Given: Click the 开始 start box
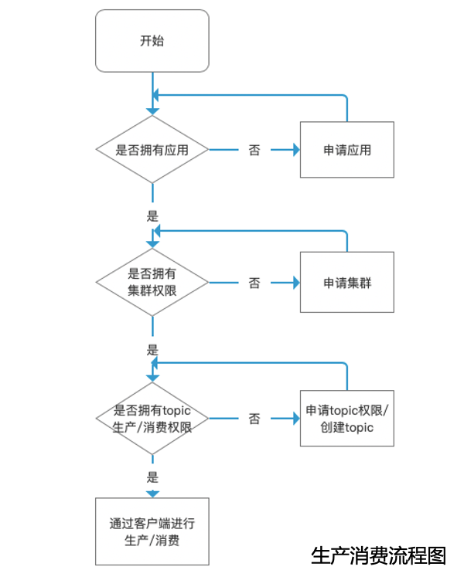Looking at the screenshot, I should pyautogui.click(x=152, y=41).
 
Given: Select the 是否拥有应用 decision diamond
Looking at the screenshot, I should pyautogui.click(x=152, y=150).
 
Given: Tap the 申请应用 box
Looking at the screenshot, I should pyautogui.click(x=346, y=150).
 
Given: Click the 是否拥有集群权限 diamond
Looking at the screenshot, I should pyautogui.click(x=152, y=283).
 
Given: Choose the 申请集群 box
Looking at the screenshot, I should pyautogui.click(x=346, y=283).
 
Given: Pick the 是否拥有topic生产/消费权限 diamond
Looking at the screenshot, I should pyautogui.click(x=152, y=418).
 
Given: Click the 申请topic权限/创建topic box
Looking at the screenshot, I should pyautogui.click(x=346, y=418).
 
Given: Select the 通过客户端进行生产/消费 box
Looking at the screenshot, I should pyautogui.click(x=152, y=532).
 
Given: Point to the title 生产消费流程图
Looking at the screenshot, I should pyautogui.click(x=378, y=555).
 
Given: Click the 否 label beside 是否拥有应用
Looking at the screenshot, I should pyautogui.click(x=254, y=151).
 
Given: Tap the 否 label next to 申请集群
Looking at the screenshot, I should pyautogui.click(x=254, y=283).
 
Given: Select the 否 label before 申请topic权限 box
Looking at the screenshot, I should pyautogui.click(x=254, y=419).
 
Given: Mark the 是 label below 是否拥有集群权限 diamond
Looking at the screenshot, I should pyautogui.click(x=152, y=349).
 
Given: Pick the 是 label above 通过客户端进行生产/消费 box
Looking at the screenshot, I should pyautogui.click(x=152, y=477).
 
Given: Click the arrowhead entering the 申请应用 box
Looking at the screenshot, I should pyautogui.click(x=295, y=151).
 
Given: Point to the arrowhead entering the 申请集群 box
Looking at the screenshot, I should pyautogui.click(x=295, y=283).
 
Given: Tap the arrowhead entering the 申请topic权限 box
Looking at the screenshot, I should pyautogui.click(x=295, y=419).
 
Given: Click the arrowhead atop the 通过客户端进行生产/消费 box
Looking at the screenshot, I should pyautogui.click(x=152, y=494).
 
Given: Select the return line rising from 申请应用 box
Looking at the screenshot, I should pyautogui.click(x=347, y=108).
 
